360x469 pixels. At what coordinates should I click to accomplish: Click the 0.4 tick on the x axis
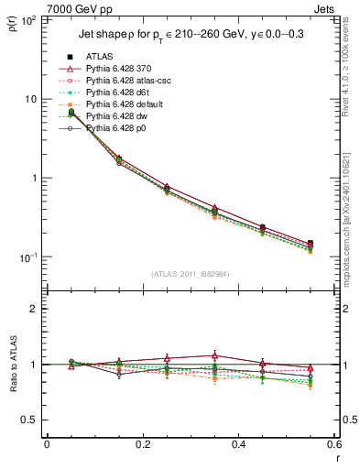pyautogui.click(x=239, y=444)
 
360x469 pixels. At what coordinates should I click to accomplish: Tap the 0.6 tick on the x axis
pyautogui.click(x=334, y=444)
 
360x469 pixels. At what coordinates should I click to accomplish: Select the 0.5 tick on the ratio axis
pyautogui.click(x=31, y=420)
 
